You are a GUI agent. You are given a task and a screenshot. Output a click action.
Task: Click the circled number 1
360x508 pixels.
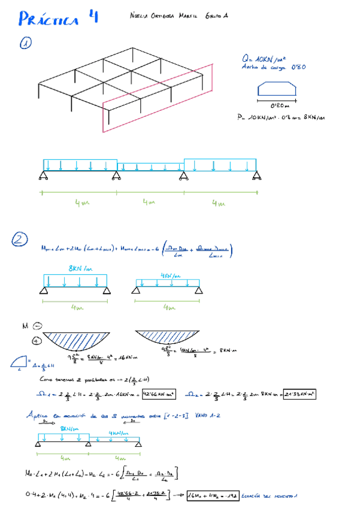(x=26, y=44)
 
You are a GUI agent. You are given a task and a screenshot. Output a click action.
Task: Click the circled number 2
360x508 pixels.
(x=20, y=240)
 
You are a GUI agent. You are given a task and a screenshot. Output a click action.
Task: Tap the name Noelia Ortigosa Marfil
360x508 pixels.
(x=162, y=17)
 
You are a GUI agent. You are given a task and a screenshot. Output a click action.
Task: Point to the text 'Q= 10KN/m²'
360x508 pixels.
(x=264, y=59)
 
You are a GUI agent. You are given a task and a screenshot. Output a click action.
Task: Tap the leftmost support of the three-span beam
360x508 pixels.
(x=44, y=176)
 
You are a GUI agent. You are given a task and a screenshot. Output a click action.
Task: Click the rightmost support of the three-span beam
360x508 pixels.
(x=256, y=176)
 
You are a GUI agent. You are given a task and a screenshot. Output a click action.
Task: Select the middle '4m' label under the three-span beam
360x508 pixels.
(x=149, y=202)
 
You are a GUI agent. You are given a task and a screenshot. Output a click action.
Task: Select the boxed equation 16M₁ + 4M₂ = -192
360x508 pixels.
(x=213, y=495)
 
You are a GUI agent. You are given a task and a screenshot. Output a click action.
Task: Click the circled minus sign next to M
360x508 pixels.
(x=37, y=326)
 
